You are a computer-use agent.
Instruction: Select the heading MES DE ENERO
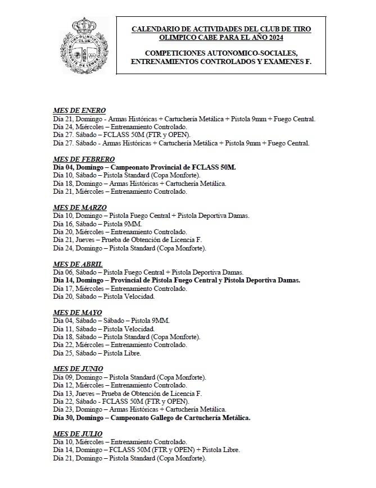pyautogui.click(x=79, y=110)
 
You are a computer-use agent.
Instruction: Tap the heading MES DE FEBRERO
pyautogui.click(x=84, y=159)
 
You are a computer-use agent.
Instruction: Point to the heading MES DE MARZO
pyautogui.click(x=80, y=208)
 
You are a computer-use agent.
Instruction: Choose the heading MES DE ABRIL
pyautogui.click(x=78, y=264)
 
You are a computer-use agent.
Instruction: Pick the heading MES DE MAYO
pyautogui.click(x=77, y=312)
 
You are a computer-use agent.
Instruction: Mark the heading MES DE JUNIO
pyautogui.click(x=78, y=369)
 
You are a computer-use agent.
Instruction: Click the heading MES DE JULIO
pyautogui.click(x=78, y=434)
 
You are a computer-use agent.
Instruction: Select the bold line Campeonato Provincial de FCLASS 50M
pyautogui.click(x=144, y=167)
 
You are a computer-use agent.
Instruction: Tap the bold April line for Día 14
pyautogui.click(x=176, y=280)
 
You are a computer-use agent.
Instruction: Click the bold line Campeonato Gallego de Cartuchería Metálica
pyautogui.click(x=152, y=418)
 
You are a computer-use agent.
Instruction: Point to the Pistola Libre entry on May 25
pyautogui.click(x=97, y=353)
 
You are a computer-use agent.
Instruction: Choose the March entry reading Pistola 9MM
pyautogui.click(x=97, y=224)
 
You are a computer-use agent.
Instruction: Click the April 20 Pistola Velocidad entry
pyautogui.click(x=103, y=297)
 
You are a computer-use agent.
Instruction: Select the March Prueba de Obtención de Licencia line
pyautogui.click(x=127, y=240)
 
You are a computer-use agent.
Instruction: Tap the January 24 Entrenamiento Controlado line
pyautogui.click(x=120, y=127)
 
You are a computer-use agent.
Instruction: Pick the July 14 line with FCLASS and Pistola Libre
pyautogui.click(x=146, y=450)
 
